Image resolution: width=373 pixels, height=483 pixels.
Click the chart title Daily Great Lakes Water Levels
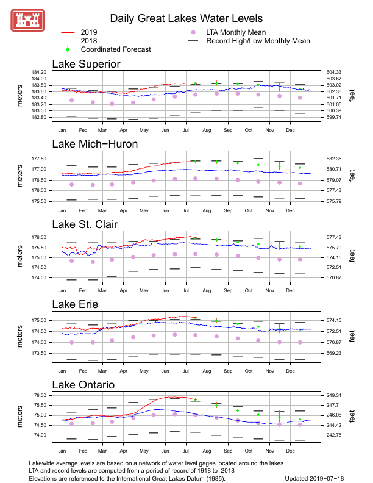pyautogui.click(x=187, y=19)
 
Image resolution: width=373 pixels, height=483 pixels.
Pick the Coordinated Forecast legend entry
pyautogui.click(x=116, y=49)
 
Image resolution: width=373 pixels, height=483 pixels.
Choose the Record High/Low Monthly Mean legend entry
pyautogui.click(x=258, y=41)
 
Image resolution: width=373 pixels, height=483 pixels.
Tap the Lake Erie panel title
pyautogui.click(x=75, y=304)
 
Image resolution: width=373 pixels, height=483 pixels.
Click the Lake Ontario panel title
pyautogui.click(x=85, y=385)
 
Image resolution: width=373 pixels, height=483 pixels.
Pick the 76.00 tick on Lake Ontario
pyautogui.click(x=40, y=395)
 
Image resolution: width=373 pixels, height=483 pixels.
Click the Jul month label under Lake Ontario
pyautogui.click(x=185, y=451)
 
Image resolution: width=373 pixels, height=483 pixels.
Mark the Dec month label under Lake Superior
pyautogui.click(x=290, y=130)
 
